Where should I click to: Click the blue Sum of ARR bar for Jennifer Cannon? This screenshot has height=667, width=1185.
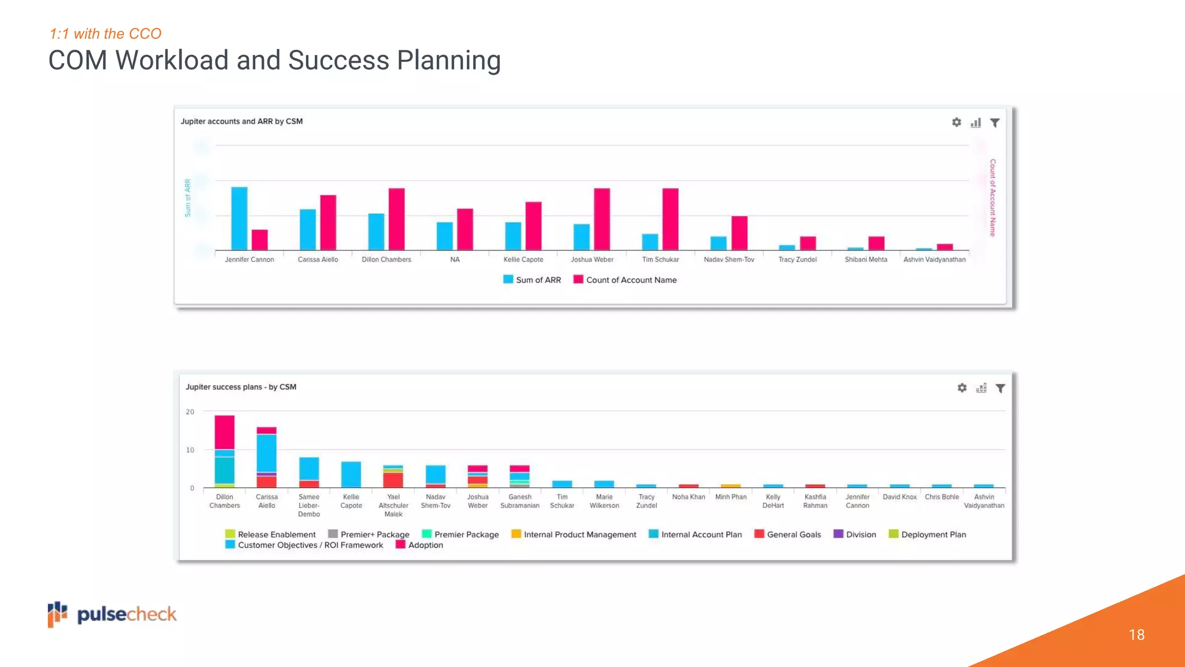pyautogui.click(x=239, y=218)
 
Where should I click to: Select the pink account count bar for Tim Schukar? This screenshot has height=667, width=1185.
pyautogui.click(x=670, y=219)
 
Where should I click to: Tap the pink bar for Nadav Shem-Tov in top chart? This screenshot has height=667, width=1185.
pyautogui.click(x=739, y=233)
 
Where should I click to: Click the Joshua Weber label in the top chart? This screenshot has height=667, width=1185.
pyautogui.click(x=592, y=259)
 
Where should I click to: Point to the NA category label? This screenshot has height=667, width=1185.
pyautogui.click(x=455, y=259)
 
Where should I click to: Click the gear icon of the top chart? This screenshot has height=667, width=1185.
pyautogui.click(x=956, y=122)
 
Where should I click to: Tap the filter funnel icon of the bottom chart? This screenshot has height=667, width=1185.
pyautogui.click(x=1000, y=388)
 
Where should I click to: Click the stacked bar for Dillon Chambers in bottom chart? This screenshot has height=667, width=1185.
pyautogui.click(x=225, y=451)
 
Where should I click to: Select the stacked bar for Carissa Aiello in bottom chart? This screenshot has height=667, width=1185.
pyautogui.click(x=267, y=457)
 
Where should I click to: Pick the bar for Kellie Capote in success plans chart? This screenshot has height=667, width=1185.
pyautogui.click(x=351, y=474)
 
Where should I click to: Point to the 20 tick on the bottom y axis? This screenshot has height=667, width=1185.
pyautogui.click(x=190, y=412)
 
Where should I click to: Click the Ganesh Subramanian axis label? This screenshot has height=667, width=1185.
pyautogui.click(x=520, y=501)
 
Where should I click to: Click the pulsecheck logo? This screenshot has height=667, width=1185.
pyautogui.click(x=112, y=614)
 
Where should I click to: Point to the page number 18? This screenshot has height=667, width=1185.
pyautogui.click(x=1136, y=635)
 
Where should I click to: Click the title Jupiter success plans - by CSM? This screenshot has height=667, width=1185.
pyautogui.click(x=241, y=387)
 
